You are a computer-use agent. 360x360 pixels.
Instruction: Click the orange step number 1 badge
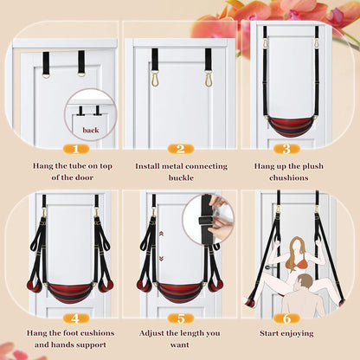61,148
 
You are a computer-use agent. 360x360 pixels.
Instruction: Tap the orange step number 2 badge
179,148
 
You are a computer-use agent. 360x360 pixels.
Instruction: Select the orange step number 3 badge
286,148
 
